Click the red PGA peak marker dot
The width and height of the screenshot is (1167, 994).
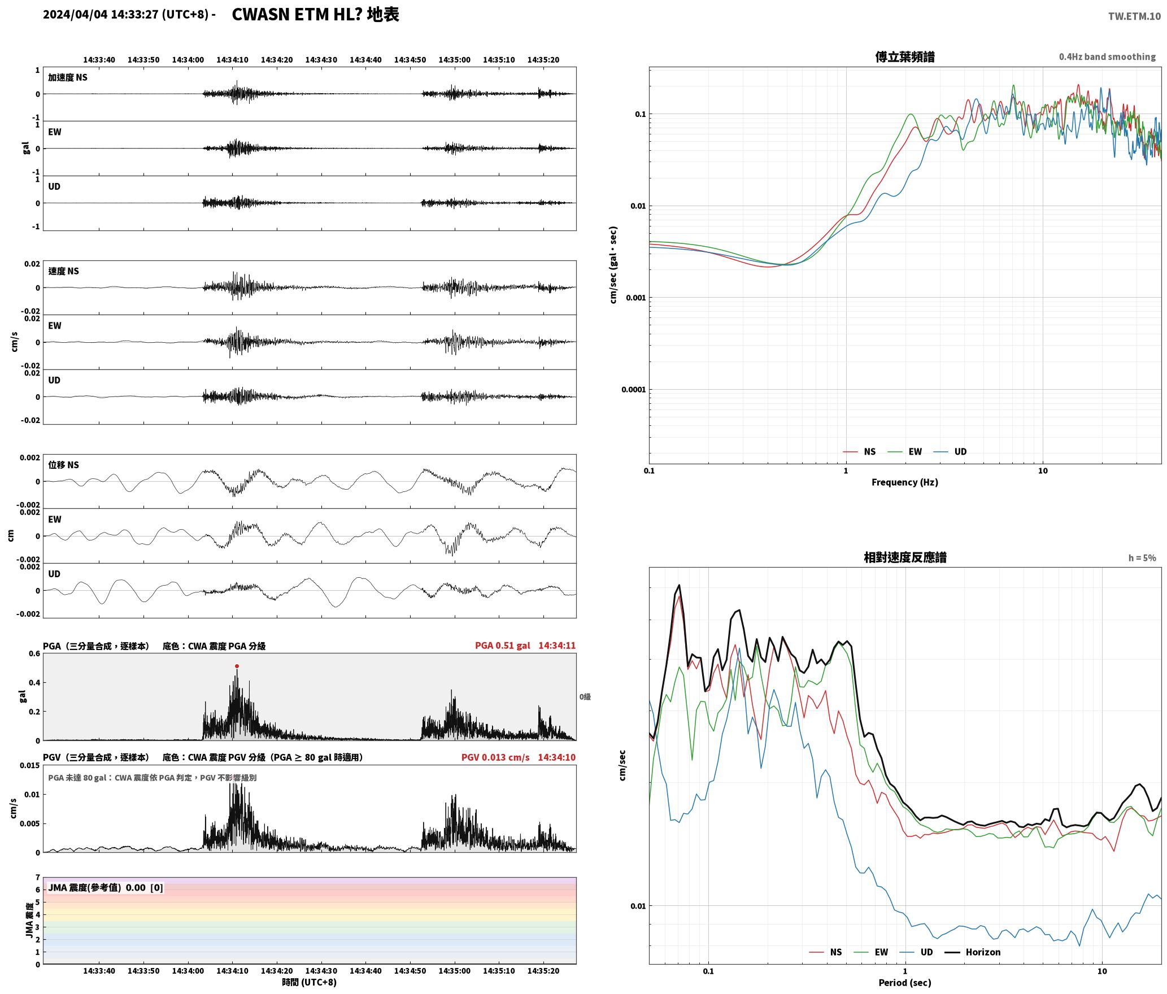point(237,666)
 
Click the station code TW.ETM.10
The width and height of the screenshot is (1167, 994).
point(1134,16)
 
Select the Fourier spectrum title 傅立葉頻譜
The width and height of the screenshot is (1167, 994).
point(904,57)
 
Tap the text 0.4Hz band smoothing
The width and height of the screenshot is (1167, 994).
point(1107,57)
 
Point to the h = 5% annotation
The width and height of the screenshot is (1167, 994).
point(1142,558)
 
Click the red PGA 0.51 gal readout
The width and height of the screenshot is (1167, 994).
point(502,646)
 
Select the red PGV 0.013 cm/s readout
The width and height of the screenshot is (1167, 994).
point(495,757)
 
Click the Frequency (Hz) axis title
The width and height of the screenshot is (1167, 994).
point(904,482)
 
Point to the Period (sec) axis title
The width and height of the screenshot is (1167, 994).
point(904,983)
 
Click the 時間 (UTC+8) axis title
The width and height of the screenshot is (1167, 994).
point(310,982)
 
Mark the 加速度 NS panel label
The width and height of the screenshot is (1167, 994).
point(68,77)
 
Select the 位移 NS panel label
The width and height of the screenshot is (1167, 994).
point(63,465)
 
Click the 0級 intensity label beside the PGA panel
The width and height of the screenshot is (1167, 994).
point(585,697)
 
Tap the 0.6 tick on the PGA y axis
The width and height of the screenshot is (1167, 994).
point(34,654)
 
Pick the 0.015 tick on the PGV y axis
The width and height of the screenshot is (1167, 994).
point(31,766)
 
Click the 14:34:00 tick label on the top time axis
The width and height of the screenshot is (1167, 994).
point(188,60)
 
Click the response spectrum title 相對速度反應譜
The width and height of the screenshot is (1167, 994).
point(905,557)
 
